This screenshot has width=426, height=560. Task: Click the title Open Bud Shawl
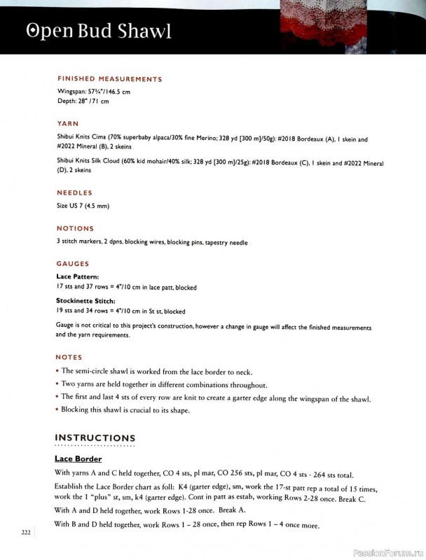[98, 32]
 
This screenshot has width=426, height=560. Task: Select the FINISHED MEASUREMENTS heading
[109, 79]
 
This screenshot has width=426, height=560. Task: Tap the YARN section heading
[67, 122]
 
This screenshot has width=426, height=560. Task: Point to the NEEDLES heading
[74, 192]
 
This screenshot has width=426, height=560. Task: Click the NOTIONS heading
[75, 228]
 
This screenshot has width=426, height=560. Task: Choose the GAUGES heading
[73, 264]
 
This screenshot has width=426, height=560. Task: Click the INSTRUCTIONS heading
[95, 438]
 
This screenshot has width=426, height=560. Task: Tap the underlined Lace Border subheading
[78, 459]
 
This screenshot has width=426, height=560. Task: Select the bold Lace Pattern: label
[78, 276]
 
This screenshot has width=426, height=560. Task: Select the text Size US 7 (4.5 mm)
[83, 206]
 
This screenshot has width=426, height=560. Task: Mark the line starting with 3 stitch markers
[152, 242]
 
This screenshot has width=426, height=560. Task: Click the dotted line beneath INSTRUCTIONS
[95, 446]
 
